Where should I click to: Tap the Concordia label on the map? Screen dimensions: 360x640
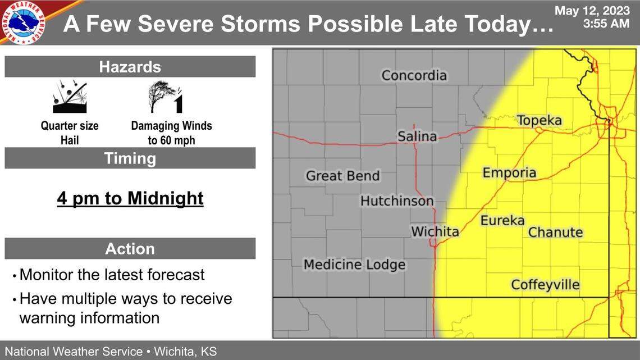click(414, 75)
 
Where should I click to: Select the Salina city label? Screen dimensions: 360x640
click(417, 136)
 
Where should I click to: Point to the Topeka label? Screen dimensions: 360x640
click(539, 121)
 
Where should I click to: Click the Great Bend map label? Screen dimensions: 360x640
click(342, 176)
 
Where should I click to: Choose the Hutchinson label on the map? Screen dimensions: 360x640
click(397, 200)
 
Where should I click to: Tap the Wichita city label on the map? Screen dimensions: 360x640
click(435, 231)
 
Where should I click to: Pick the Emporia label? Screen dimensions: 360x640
click(509, 172)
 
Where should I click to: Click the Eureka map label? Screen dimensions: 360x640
click(502, 221)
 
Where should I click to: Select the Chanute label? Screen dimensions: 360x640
click(555, 232)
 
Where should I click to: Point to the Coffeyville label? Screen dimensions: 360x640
click(545, 285)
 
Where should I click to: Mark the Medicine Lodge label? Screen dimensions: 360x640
click(354, 264)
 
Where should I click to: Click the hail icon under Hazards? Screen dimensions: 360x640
click(70, 97)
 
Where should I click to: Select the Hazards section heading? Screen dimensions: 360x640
click(130, 67)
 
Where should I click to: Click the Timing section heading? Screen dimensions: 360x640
click(130, 158)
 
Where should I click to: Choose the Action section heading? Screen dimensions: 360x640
click(130, 248)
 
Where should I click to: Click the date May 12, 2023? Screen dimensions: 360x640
click(592, 11)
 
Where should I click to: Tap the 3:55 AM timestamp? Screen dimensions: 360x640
click(606, 24)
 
